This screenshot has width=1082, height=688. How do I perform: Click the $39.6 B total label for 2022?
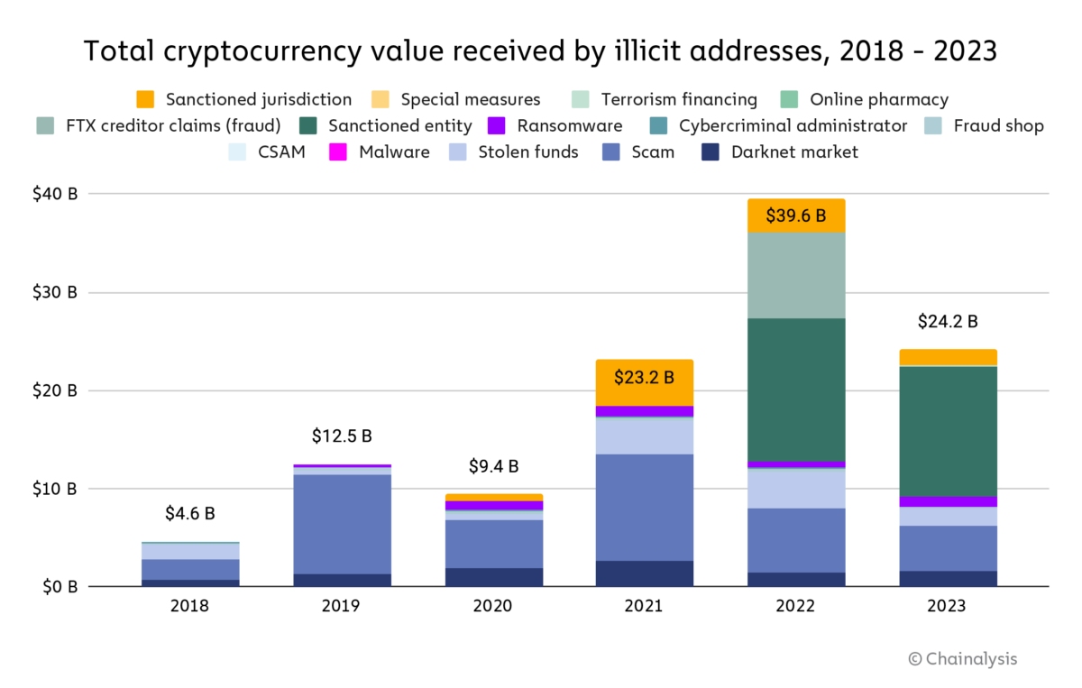tap(796, 216)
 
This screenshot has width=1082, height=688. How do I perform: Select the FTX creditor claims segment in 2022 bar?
tap(796, 275)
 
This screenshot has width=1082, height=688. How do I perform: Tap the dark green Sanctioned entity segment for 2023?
tap(948, 431)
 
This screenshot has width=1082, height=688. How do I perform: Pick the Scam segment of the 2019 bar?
tap(342, 524)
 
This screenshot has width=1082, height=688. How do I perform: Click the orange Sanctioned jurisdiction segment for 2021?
tap(644, 382)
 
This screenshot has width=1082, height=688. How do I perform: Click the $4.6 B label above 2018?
tap(190, 514)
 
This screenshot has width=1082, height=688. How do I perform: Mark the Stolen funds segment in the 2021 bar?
tap(644, 436)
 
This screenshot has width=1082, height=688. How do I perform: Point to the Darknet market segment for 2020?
tap(493, 577)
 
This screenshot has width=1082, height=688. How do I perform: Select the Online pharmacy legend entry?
tap(865, 100)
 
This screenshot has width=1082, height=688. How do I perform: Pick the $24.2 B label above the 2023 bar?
tap(948, 322)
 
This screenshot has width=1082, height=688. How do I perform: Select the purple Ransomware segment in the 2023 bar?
tap(948, 501)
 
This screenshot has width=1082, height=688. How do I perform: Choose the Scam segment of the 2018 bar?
tap(190, 569)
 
